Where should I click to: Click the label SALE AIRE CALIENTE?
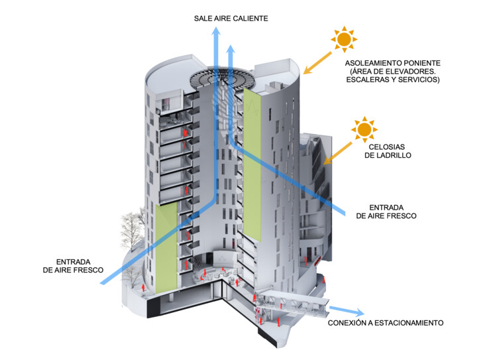[231, 18]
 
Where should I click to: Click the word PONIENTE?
[414, 63]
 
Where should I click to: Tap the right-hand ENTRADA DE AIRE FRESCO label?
[386, 211]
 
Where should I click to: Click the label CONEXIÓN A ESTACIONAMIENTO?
[386, 323]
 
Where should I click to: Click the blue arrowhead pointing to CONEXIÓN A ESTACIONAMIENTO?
[358, 313]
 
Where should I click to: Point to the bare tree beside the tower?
[133, 229]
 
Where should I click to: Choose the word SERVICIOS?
[418, 80]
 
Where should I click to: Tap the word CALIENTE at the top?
[248, 18]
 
